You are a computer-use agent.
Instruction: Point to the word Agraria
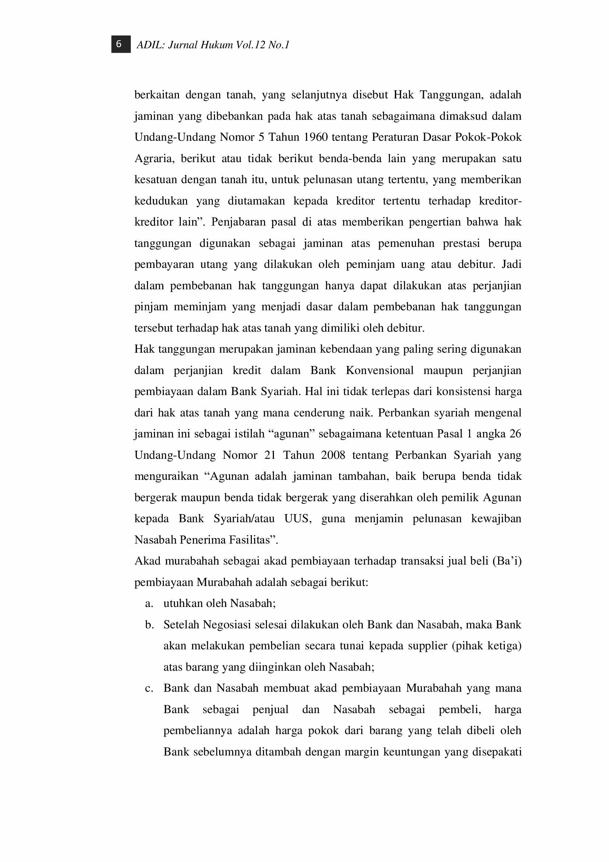tap(155, 158)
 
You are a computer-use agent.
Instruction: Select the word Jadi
tap(511, 264)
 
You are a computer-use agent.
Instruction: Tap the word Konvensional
tap(380, 370)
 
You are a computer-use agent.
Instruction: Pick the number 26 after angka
tap(515, 434)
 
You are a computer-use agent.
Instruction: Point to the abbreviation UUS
tap(298, 519)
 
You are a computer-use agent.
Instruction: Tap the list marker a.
tap(149, 604)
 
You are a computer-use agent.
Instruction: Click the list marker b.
tap(149, 625)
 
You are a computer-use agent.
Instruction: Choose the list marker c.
tap(149, 688)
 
